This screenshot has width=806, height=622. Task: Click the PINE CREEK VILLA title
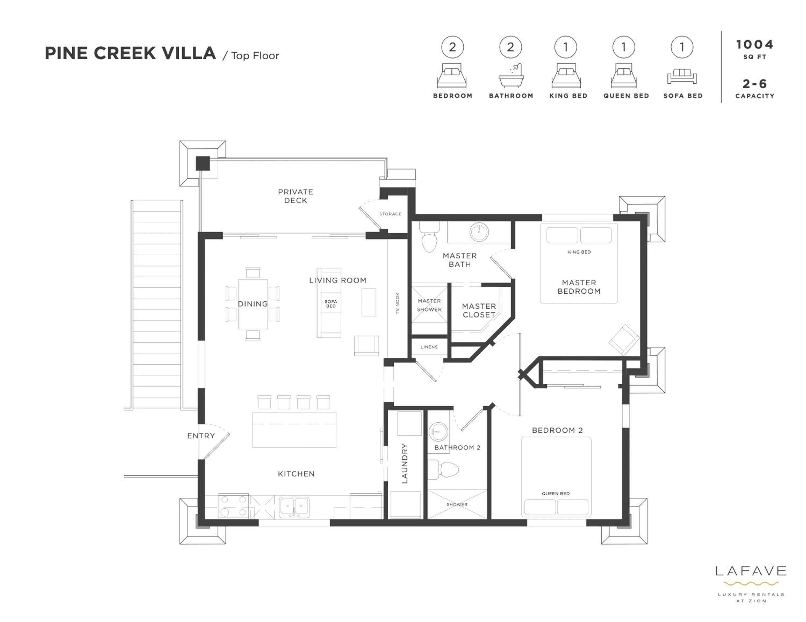pos(130,53)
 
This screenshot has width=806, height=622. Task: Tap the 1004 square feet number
pos(754,45)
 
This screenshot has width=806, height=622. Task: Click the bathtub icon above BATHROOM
pos(511,76)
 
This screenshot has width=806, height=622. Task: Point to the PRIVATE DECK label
pos(295,196)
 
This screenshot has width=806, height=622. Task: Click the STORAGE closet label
pos(390,214)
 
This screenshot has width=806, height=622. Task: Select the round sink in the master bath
pos(479,232)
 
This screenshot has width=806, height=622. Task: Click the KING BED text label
pos(579,252)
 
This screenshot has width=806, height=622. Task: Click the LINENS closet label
pos(429,347)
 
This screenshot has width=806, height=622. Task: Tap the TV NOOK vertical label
pos(397,303)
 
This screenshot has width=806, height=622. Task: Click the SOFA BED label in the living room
pos(331,304)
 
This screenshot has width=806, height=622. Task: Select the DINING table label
pos(253,304)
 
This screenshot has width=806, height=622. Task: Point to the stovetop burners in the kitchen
pos(233,505)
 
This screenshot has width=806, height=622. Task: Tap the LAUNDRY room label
pos(404,463)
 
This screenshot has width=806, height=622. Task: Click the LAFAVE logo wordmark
pos(751,571)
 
